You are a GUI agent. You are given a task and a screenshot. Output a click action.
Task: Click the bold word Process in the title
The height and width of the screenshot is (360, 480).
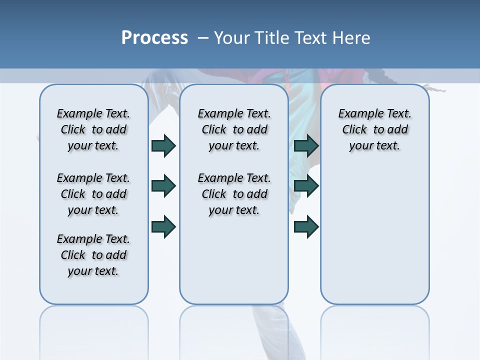[x=154, y=38]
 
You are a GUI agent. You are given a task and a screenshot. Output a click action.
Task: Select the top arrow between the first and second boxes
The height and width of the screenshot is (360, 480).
[x=163, y=145]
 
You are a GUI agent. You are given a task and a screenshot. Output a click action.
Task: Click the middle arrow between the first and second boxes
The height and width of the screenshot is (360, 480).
[x=163, y=186]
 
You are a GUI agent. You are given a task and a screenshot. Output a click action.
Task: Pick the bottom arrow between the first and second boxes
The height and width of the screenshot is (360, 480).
[x=163, y=226]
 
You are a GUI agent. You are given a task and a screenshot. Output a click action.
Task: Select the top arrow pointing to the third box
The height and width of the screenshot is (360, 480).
[x=306, y=145]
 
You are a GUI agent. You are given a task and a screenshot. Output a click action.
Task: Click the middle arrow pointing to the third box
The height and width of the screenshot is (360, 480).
[x=306, y=186]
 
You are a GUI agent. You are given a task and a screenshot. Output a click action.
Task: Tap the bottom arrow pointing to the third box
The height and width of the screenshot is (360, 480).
[x=306, y=226]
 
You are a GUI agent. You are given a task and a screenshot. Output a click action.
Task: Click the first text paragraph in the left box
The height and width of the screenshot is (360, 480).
[x=93, y=129]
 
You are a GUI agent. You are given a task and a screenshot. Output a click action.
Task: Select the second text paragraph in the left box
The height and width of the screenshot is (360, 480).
[x=93, y=194]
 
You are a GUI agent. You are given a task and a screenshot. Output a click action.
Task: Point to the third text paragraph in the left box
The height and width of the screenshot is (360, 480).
[x=93, y=255]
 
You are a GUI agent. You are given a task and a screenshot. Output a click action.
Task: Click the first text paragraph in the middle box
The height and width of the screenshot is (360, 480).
[x=234, y=129]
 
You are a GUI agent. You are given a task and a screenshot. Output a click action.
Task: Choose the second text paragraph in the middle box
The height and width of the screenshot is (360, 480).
[x=234, y=194]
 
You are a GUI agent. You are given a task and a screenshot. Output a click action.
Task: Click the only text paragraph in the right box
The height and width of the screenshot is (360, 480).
[x=375, y=129]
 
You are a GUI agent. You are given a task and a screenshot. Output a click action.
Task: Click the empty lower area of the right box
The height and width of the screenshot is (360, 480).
[x=375, y=240]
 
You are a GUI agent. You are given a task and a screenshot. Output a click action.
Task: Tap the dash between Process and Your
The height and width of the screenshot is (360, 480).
[x=203, y=38]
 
